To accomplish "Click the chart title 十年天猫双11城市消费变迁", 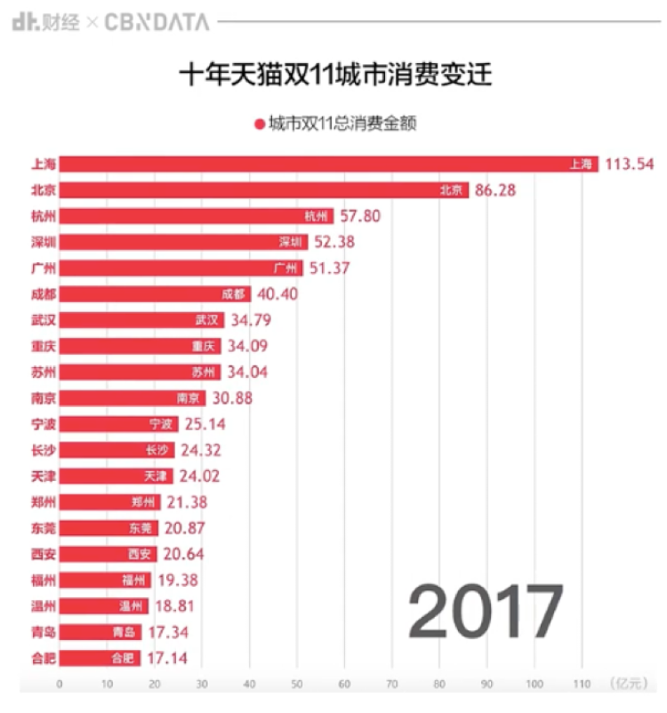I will (x=334, y=73).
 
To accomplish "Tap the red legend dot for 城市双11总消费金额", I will (x=260, y=124).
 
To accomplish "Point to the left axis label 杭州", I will (x=44, y=216).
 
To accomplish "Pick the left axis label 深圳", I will (x=44, y=242).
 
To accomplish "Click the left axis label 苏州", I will (x=44, y=372).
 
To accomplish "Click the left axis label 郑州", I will (x=44, y=502).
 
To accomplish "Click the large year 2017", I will (x=486, y=613).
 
